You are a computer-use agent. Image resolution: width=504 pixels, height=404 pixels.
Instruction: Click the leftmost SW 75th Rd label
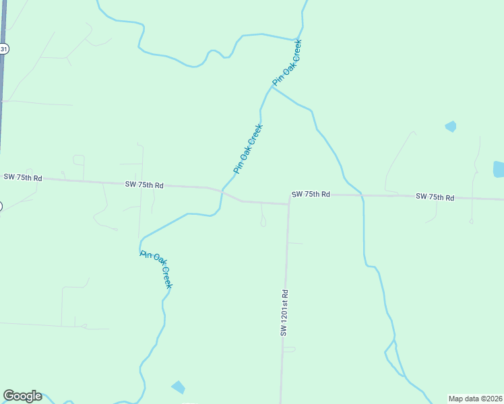23,178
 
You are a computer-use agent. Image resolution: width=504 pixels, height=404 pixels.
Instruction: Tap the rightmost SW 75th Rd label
435,197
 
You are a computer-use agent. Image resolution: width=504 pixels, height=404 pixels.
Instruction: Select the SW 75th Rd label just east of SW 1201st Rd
311,194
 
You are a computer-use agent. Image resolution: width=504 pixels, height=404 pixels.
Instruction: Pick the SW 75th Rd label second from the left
144,184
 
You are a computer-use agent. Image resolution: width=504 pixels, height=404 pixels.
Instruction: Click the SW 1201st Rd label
285,313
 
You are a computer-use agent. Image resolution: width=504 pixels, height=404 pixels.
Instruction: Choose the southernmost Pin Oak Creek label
157,269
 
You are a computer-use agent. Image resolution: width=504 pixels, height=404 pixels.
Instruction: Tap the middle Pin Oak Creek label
247,149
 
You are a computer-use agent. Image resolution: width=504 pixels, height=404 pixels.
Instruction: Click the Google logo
22,396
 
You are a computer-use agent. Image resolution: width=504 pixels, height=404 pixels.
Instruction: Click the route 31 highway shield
4,48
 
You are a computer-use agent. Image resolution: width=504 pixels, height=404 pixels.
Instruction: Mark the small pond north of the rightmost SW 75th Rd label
451,126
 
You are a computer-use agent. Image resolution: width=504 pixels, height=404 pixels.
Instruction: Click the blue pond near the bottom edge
178,386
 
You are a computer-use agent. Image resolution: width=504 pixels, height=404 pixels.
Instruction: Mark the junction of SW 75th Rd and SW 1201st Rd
288,203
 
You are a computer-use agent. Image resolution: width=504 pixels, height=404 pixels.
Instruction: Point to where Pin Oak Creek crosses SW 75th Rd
222,191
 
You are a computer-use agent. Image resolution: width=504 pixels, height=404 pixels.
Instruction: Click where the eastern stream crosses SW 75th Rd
363,195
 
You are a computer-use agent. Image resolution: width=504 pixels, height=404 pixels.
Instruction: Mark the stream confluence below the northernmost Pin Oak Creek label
272,88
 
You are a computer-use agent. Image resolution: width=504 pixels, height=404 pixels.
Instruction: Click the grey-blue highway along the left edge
3,101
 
